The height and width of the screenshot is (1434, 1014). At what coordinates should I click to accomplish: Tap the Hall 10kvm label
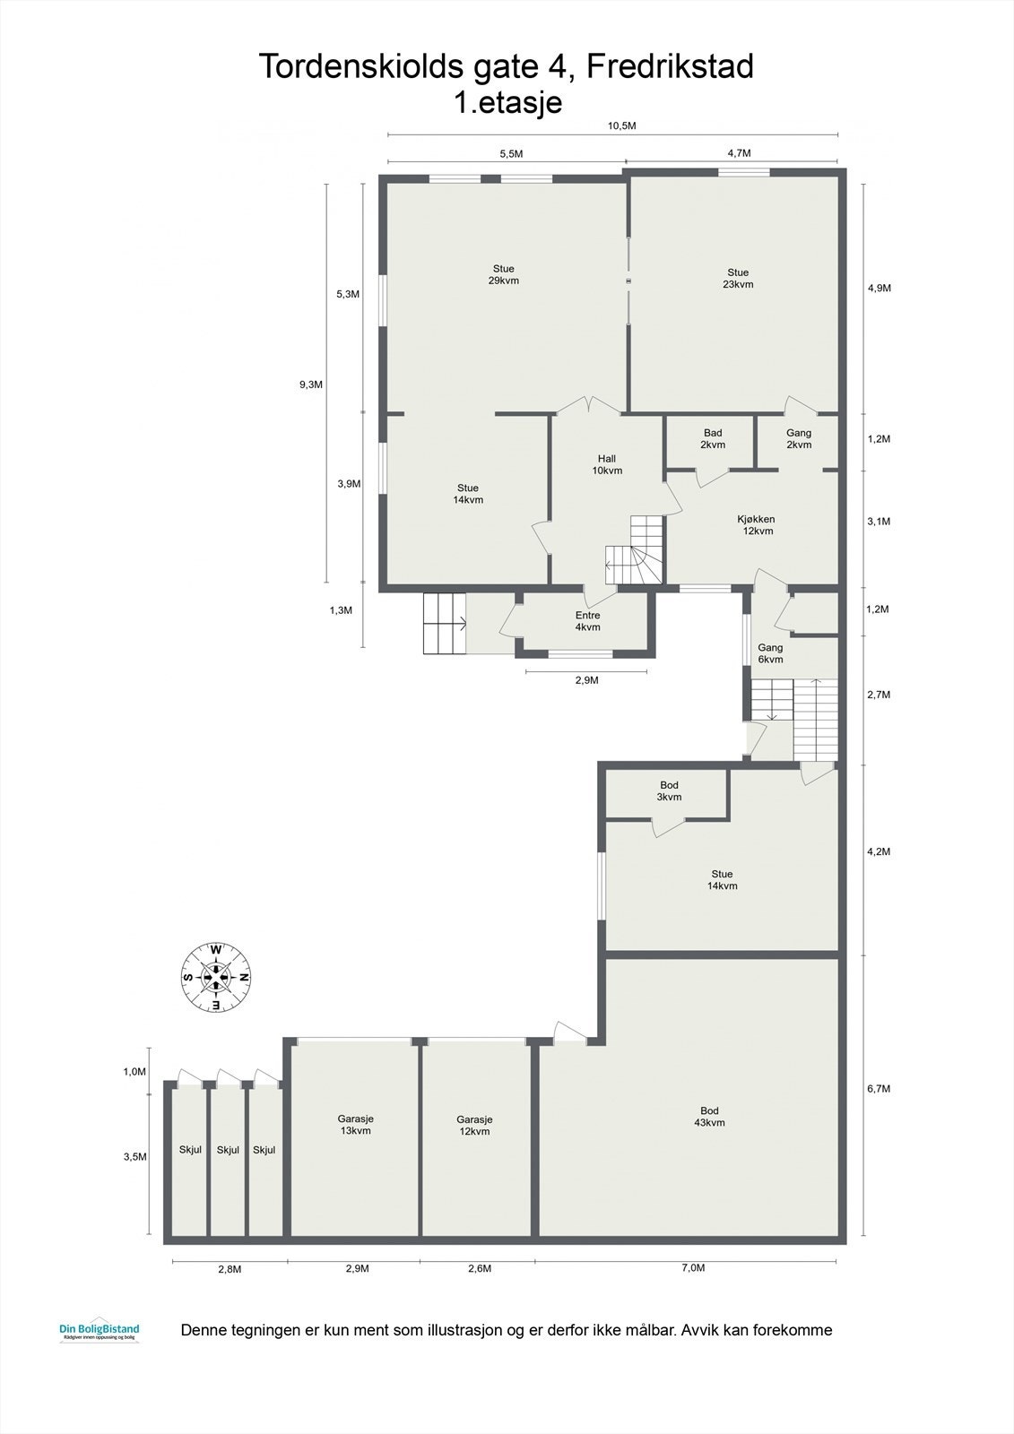[607, 464]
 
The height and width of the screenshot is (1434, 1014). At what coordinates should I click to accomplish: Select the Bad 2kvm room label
[713, 439]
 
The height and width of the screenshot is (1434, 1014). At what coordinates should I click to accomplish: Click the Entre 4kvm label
[587, 621]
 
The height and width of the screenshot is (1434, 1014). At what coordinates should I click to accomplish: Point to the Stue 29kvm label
[503, 274]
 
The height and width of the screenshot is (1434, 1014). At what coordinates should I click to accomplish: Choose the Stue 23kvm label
[738, 279]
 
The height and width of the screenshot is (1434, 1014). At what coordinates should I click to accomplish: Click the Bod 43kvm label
[708, 1117]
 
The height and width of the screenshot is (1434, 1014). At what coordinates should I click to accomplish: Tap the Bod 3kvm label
[669, 791]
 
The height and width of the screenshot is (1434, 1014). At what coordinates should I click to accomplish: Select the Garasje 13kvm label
[355, 1125]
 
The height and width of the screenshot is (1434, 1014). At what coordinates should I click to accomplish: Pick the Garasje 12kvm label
[474, 1126]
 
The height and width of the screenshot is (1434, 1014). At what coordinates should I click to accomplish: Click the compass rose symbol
[216, 977]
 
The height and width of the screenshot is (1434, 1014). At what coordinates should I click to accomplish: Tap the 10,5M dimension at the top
[621, 125]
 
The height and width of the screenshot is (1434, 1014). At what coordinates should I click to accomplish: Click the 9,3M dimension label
[310, 384]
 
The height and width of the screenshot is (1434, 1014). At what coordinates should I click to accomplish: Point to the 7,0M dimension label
[693, 1268]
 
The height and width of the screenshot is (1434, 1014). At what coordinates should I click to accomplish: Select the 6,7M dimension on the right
[879, 1089]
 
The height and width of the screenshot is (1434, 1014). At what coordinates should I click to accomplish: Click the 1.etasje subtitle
[508, 102]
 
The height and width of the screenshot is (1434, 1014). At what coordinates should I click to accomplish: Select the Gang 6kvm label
[770, 653]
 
